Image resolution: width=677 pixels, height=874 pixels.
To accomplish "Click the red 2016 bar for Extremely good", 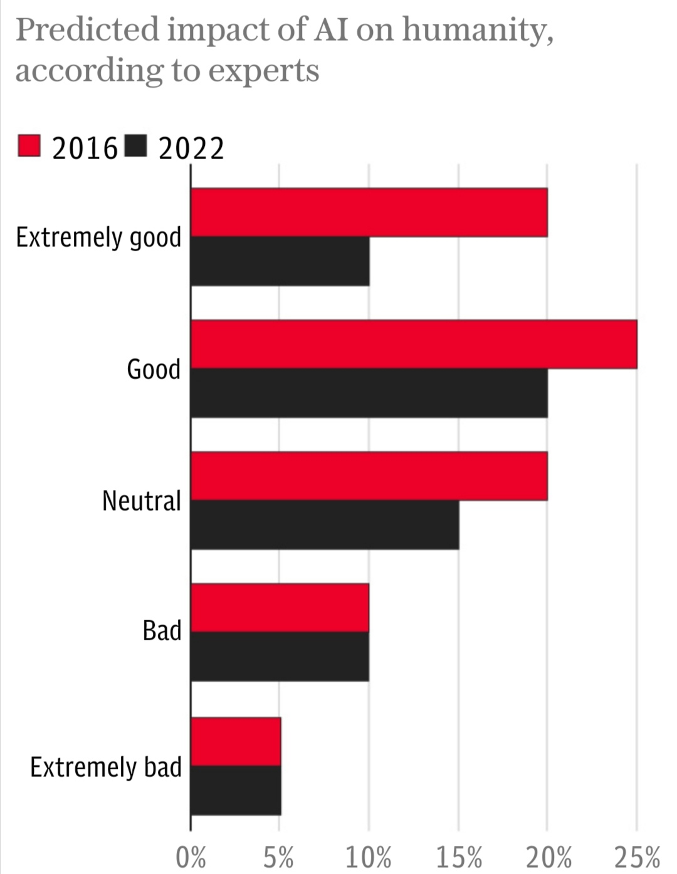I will [369, 212].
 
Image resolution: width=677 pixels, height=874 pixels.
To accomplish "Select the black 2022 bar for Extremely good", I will [280, 261].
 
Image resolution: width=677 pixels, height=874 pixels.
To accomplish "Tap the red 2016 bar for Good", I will [414, 344].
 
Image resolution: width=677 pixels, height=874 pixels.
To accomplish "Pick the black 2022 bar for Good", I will [369, 393].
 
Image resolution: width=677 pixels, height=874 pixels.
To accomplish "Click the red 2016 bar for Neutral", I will [369, 476].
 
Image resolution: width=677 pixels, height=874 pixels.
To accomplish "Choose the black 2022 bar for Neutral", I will [325, 525].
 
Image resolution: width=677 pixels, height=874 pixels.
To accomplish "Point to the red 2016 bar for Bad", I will [280, 608].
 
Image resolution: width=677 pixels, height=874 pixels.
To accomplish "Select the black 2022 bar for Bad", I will [280, 657].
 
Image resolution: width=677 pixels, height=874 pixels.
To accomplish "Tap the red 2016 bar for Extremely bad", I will [236, 741].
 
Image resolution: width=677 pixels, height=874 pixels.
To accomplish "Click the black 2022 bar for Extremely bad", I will [236, 790].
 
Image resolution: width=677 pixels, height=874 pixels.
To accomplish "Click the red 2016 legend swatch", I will [29, 146].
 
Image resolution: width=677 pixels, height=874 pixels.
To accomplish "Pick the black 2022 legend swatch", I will [136, 146].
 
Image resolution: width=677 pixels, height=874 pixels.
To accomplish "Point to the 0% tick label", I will [191, 856].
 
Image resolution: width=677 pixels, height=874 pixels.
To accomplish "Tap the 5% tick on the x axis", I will [279, 856].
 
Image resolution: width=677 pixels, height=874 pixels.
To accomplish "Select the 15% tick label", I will [459, 856].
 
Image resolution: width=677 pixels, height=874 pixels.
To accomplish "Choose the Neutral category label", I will [142, 501].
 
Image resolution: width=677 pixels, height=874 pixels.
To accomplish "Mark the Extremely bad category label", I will [106, 767].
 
